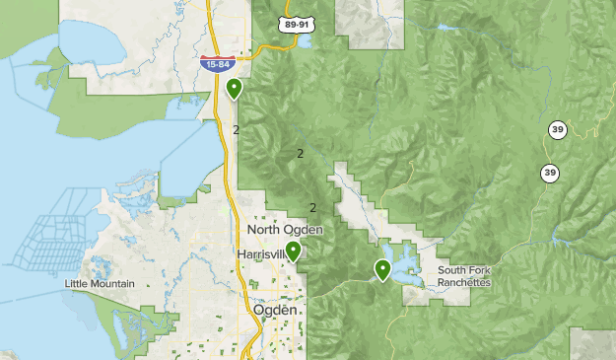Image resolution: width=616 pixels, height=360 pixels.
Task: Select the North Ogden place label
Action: click(x=284, y=230)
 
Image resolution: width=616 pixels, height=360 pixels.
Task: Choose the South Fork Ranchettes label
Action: click(x=463, y=276)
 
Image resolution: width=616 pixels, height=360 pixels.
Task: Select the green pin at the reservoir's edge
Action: click(x=382, y=268)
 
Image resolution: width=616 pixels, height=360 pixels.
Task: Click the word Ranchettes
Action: click(x=463, y=282)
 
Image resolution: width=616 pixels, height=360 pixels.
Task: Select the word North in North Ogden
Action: click(x=264, y=230)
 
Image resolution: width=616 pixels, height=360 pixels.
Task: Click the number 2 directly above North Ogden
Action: click(x=312, y=207)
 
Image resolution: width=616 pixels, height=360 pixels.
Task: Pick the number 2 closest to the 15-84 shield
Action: click(x=237, y=129)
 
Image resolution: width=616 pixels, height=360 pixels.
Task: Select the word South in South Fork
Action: click(x=451, y=270)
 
